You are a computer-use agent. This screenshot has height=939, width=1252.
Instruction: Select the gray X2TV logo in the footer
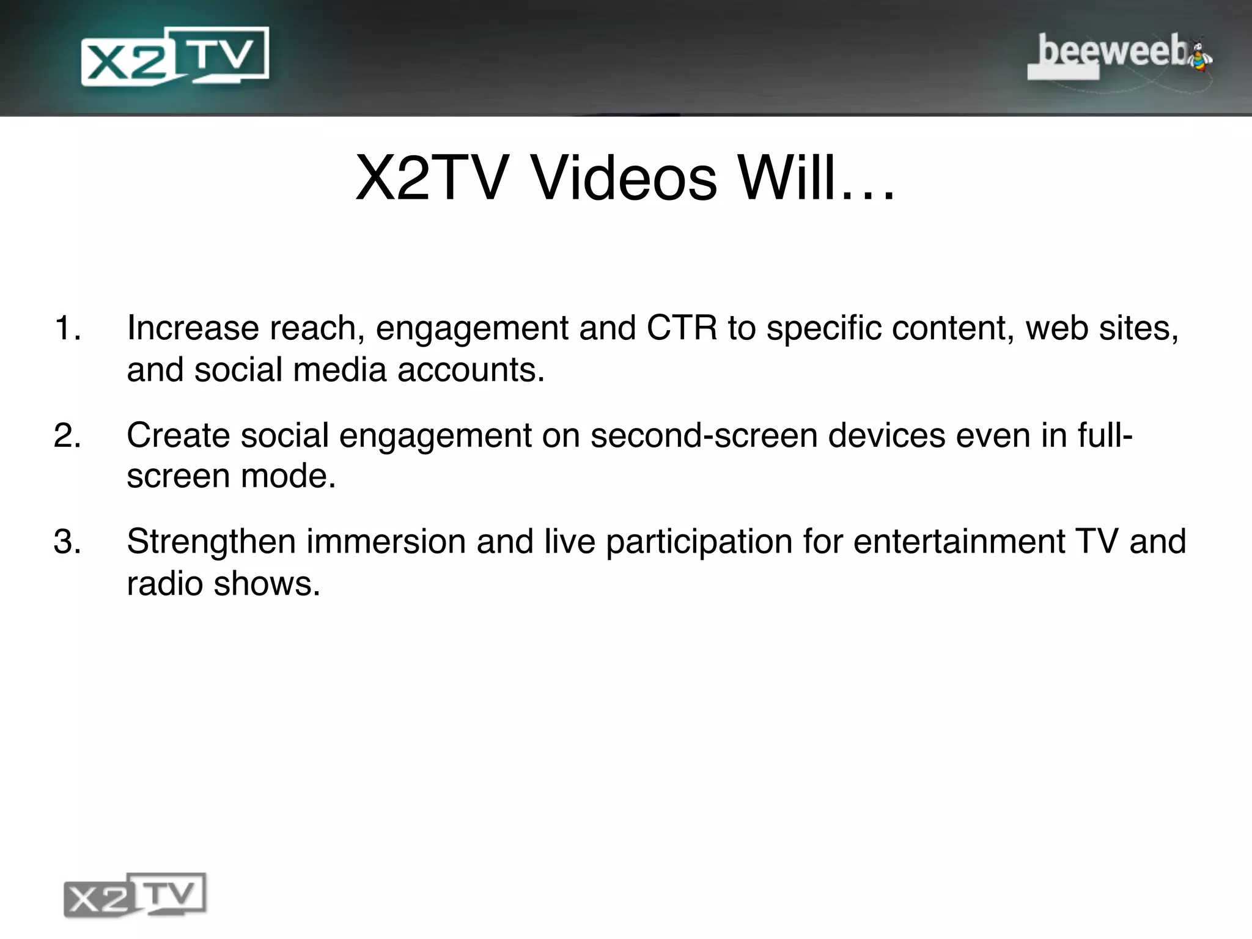click(x=135, y=895)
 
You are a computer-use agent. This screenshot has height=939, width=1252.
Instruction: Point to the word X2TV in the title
click(x=432, y=179)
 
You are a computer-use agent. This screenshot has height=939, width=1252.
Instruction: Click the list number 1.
click(x=67, y=328)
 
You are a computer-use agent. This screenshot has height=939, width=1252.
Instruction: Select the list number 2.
click(x=67, y=435)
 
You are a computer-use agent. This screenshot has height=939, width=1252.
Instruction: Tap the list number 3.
click(x=67, y=542)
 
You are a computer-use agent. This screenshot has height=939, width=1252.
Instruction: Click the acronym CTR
click(x=682, y=328)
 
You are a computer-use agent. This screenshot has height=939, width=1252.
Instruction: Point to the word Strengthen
click(x=211, y=542)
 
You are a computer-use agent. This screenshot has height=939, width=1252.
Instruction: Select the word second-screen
click(x=703, y=435)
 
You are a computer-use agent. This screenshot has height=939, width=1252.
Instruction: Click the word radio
click(x=164, y=584)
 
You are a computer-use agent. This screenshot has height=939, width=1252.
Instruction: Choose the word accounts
click(x=471, y=370)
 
